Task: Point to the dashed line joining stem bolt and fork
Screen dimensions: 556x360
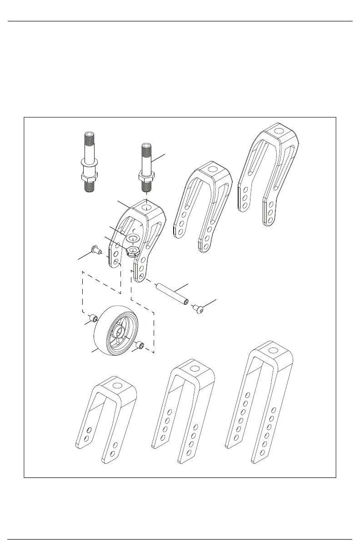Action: click(x=146, y=194)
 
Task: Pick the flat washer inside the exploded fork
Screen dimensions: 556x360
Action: click(x=133, y=238)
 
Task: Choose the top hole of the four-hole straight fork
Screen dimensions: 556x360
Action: click(x=195, y=368)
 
